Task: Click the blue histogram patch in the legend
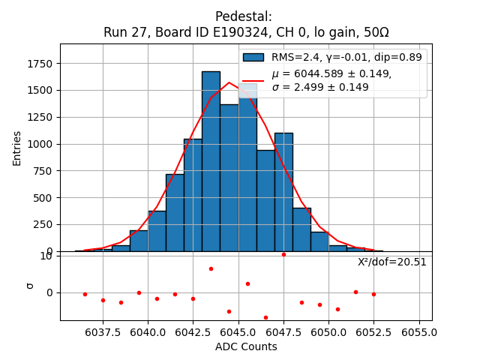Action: click(253, 57)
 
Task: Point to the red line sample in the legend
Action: click(253, 80)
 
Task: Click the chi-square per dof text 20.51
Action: click(391, 262)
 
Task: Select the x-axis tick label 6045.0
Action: click(238, 331)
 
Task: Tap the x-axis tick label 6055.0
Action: click(419, 331)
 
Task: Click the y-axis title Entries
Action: click(17, 147)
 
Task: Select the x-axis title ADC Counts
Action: click(246, 346)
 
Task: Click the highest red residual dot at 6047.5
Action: click(283, 254)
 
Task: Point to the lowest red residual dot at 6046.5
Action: click(265, 317)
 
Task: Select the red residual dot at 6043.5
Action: click(211, 268)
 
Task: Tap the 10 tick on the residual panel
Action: click(46, 256)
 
